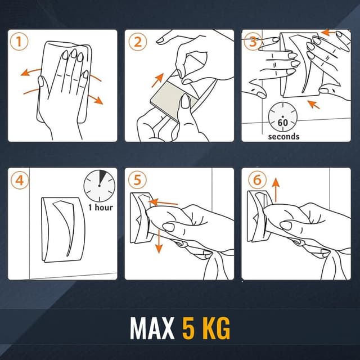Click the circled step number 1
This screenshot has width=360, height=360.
point(19,42)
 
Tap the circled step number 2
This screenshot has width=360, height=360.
point(137,42)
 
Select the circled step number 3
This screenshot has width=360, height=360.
point(253,42)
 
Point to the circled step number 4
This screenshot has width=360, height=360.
point(20,180)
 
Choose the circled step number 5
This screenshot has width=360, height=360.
point(137,180)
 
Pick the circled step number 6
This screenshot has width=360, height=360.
point(257,180)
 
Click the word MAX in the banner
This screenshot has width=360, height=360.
point(152,328)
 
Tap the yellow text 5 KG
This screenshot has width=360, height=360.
point(206,328)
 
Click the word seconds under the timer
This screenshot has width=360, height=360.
point(283,137)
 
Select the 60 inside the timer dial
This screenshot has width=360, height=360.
point(282,123)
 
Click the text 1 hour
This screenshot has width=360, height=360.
point(101,208)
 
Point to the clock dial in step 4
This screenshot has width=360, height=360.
point(99,186)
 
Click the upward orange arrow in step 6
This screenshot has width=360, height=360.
point(276,190)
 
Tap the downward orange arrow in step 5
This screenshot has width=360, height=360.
point(159,242)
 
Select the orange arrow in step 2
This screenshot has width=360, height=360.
point(157,80)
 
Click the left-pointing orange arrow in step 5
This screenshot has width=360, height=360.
point(163,202)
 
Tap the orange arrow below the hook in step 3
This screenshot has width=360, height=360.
point(314,105)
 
